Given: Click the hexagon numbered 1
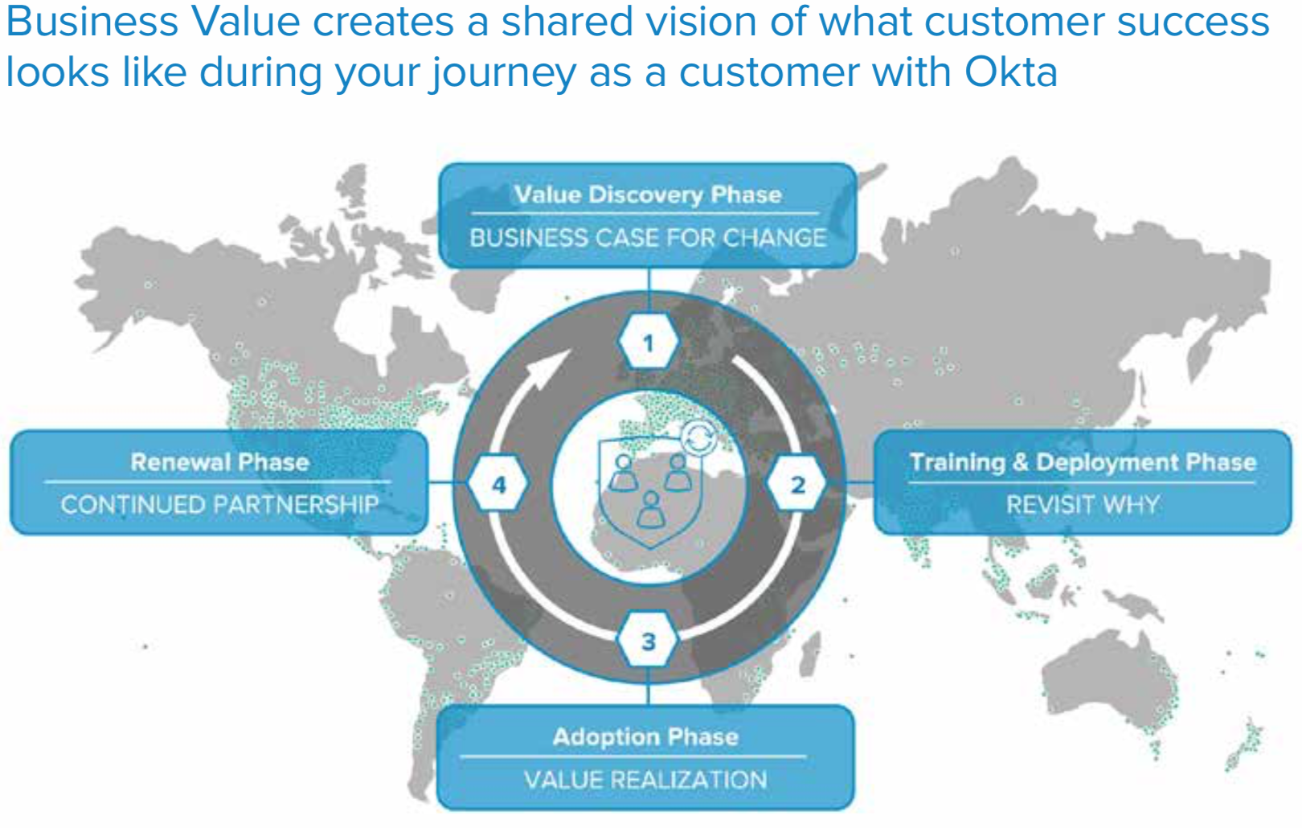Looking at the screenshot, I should tap(649, 343).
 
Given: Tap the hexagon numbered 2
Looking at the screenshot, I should tap(797, 485).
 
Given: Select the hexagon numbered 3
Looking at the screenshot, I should tap(649, 641).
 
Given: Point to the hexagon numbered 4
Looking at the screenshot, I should tap(499, 485).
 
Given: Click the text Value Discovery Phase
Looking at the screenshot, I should tap(648, 195).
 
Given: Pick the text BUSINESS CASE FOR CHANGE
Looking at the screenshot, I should tap(648, 238).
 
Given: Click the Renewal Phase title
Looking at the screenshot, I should tap(219, 462).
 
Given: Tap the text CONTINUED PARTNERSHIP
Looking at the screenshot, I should tap(219, 505).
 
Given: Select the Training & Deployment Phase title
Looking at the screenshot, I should tap(1083, 462).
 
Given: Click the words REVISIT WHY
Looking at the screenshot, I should tap(1083, 505).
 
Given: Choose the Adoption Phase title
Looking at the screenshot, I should tap(645, 737).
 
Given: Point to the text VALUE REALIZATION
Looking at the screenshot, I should tap(645, 780).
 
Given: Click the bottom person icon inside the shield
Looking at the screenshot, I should tap(650, 510).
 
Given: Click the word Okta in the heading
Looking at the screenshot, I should tap(1010, 72).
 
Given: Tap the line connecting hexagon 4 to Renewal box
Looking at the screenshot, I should tap(448, 483).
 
